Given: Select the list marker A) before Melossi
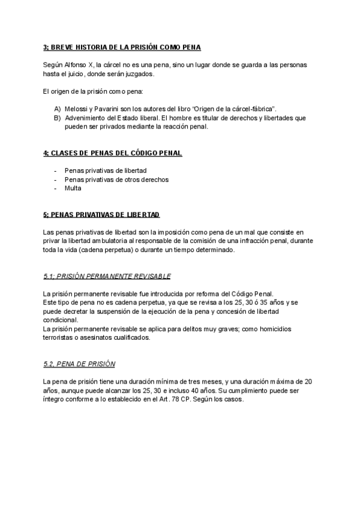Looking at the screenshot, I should pyautogui.click(x=57, y=109).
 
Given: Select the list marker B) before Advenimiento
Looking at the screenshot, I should pyautogui.click(x=57, y=118).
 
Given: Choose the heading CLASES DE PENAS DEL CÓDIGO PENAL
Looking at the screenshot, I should pyautogui.click(x=113, y=153).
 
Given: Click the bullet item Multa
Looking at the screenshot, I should pyautogui.click(x=73, y=188).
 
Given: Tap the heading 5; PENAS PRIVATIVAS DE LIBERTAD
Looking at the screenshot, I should pyautogui.click(x=101, y=214).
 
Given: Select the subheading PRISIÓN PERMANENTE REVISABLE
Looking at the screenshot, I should pyautogui.click(x=107, y=276).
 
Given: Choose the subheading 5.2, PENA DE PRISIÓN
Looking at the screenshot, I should pyautogui.click(x=80, y=364).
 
